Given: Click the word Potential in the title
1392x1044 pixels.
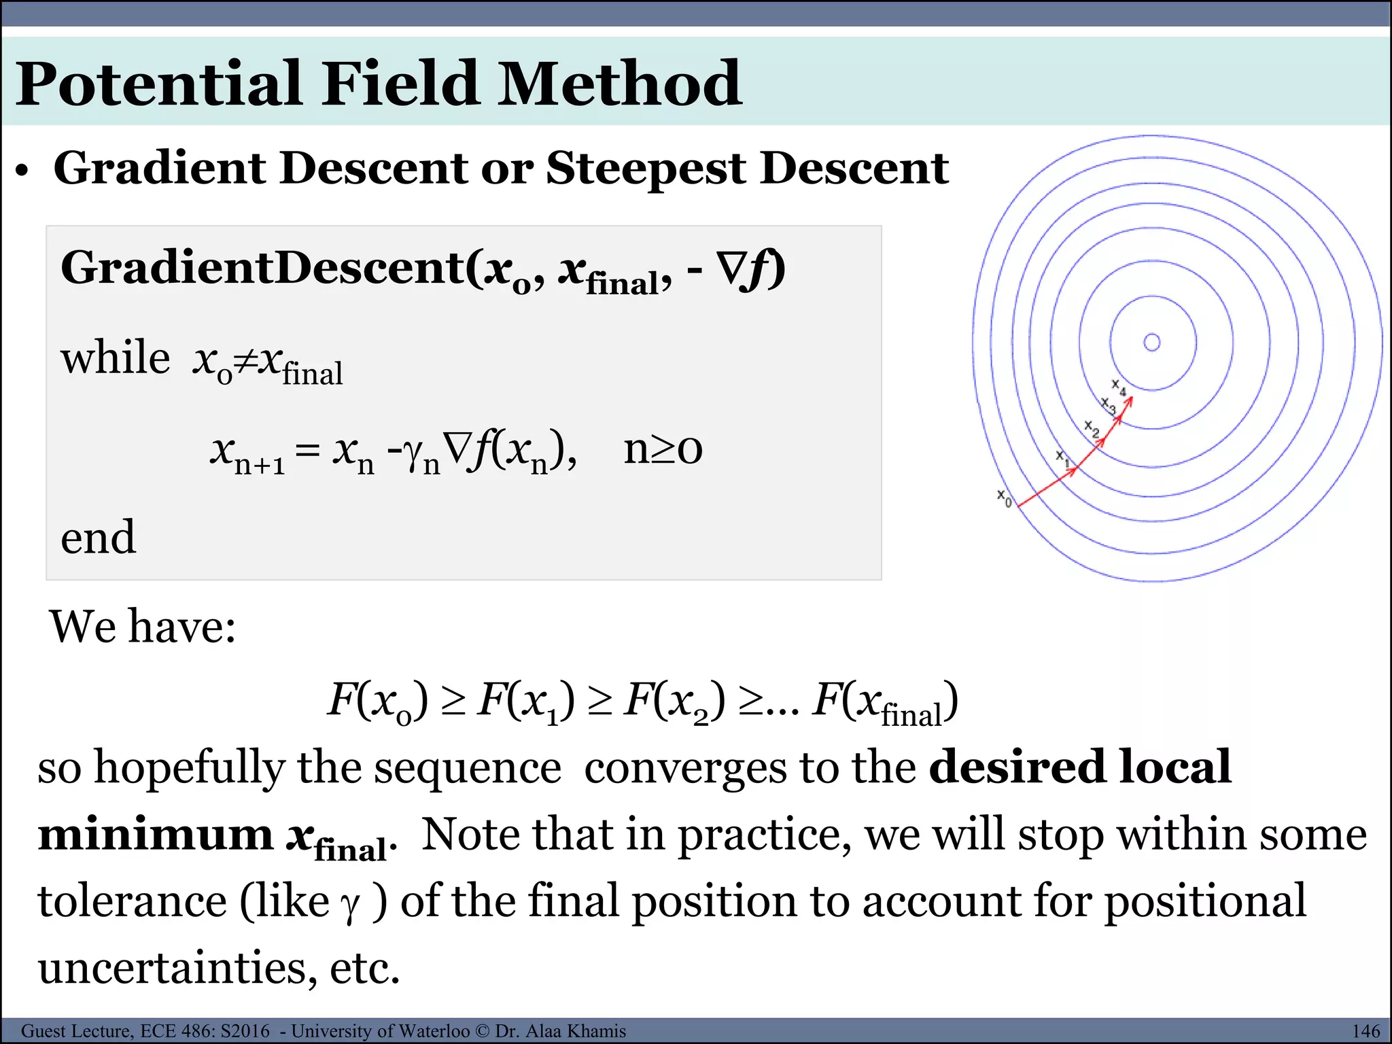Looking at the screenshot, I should click(158, 84).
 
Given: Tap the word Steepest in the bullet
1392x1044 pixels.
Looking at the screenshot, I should click(645, 168).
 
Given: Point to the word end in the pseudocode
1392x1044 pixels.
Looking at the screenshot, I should click(98, 538).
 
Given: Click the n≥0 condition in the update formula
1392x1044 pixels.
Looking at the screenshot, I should click(663, 449).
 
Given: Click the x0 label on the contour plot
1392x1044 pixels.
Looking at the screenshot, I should click(1004, 498).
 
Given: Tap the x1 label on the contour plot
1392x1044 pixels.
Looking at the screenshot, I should click(1062, 458).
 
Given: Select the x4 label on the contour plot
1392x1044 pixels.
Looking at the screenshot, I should click(1118, 387).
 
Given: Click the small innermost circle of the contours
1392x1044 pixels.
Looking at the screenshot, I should click(1152, 342).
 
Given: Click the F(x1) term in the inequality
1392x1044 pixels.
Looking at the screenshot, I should click(525, 701).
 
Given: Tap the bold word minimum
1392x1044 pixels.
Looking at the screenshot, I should click(155, 835).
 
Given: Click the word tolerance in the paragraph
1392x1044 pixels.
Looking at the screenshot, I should click(132, 901).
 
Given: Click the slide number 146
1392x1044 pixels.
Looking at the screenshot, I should click(1365, 1031).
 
